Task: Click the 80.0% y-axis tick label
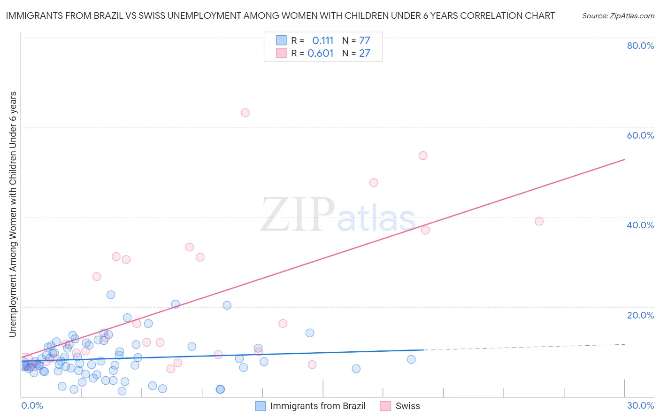[x=640, y=46]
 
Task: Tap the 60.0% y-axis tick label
[x=640, y=135]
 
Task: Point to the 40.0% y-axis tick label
[x=640, y=225]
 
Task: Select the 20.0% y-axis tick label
[x=640, y=315]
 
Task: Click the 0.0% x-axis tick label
[x=32, y=405]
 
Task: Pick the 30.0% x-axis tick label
[x=640, y=405]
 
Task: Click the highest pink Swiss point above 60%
[x=245, y=113]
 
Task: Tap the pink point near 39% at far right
[x=539, y=221]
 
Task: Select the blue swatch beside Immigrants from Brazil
[x=261, y=406]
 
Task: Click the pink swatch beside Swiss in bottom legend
[x=386, y=406]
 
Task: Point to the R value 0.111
[x=322, y=41]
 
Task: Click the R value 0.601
[x=320, y=54]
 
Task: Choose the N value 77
[x=365, y=41]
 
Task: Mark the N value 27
[x=365, y=54]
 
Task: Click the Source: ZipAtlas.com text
[x=618, y=16]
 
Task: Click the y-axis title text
[x=13, y=214]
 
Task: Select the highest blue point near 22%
[x=111, y=295]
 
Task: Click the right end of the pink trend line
[x=624, y=160]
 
